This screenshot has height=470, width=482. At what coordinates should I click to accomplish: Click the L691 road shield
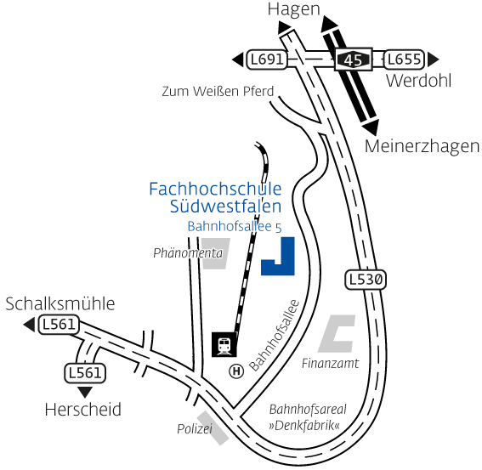267,59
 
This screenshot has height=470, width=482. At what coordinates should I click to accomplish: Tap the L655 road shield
404,59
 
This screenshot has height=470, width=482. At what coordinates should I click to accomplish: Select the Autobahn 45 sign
354,59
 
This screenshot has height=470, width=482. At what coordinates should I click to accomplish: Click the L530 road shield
366,280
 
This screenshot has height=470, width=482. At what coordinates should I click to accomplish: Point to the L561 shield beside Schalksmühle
59,325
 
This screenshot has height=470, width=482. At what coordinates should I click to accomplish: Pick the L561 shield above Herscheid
85,373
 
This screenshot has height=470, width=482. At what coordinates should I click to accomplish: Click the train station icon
224,344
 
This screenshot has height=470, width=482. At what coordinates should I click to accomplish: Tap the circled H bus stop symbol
236,371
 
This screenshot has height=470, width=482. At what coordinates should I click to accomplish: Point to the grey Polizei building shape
213,428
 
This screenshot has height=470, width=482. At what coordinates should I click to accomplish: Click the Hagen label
294,9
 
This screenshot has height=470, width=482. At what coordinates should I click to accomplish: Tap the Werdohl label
419,81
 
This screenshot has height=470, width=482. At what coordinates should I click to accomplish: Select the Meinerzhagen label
422,147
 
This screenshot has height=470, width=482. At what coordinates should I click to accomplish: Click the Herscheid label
83,410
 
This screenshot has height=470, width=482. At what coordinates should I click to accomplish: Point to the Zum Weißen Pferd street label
218,91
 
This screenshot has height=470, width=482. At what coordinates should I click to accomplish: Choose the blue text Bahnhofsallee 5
235,227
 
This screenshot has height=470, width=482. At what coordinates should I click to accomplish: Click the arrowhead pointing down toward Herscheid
85,392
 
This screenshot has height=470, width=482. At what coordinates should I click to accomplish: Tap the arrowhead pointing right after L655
434,59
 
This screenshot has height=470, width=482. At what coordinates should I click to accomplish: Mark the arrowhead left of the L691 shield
238,59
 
